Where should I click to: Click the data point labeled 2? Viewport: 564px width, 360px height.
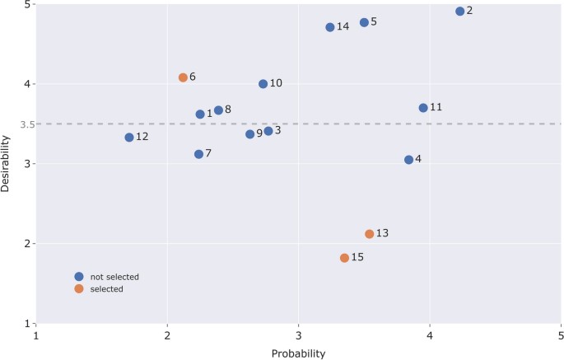(460, 12)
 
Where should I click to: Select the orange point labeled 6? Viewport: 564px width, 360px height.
(183, 77)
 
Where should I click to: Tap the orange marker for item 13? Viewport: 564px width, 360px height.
(370, 234)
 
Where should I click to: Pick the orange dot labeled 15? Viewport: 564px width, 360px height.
(344, 258)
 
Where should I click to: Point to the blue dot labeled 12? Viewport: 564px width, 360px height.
(129, 138)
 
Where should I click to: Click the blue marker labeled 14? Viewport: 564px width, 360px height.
(330, 27)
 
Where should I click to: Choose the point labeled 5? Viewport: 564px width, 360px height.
(364, 22)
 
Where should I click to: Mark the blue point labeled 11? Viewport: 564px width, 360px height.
(423, 108)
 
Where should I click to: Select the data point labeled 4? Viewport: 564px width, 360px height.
(408, 160)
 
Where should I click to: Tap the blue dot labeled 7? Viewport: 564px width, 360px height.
(198, 154)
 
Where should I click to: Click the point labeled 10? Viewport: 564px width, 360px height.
(263, 84)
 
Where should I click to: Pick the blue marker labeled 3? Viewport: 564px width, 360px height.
(268, 131)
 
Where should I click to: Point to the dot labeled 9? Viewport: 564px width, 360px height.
(249, 134)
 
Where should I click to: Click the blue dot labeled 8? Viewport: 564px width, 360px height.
(218, 110)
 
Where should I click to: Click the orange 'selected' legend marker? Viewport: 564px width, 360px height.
(79, 289)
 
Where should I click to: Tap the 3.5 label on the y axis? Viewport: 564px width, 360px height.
(26, 124)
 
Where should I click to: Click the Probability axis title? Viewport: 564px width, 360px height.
(298, 353)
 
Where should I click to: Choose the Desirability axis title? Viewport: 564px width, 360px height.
(7, 164)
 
